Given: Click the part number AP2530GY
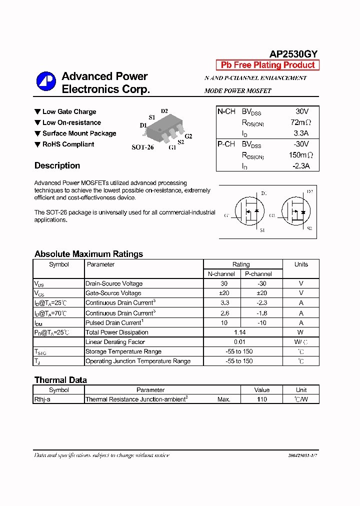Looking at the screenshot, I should coord(293,54).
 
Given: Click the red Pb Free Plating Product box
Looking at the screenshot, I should coord(267,65).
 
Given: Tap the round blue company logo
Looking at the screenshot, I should coord(46,82).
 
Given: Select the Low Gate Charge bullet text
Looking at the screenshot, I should coord(69,112).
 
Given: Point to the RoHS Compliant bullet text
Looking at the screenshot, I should coord(68,144).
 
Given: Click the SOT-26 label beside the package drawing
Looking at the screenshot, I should coord(142,147).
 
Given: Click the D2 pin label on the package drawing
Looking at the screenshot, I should coord(164,111).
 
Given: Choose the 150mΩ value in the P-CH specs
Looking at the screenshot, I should coord(300,155).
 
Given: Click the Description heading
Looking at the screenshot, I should coord(57,165).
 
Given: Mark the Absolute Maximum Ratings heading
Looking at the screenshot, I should coord(88,254).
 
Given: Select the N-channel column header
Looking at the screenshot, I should coord(221,274).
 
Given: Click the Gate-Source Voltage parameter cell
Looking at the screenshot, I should coord(113,293).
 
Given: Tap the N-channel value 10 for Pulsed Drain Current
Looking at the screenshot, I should coord(224,323).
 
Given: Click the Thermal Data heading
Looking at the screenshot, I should coord(60,380).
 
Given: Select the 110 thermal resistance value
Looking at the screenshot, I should coord(261,399).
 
